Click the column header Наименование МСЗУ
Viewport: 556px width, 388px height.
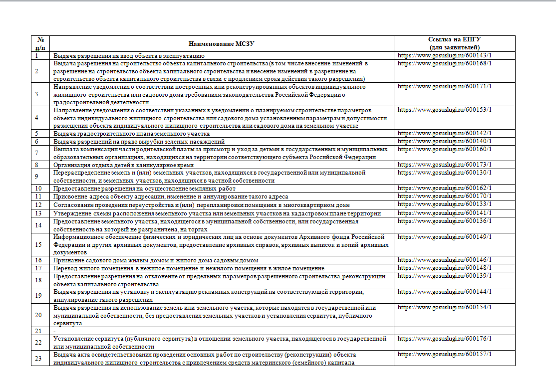click(222, 43)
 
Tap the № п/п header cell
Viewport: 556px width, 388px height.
click(40, 43)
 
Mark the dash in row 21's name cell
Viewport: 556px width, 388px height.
click(54, 331)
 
